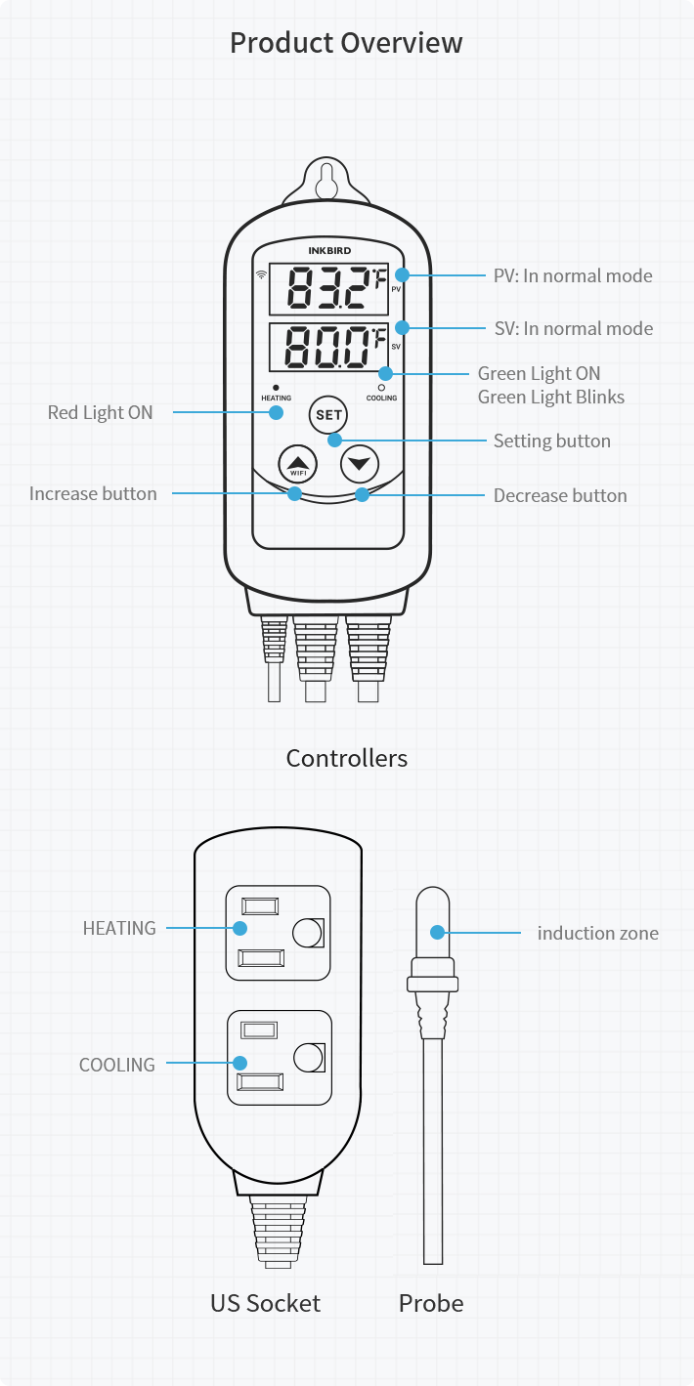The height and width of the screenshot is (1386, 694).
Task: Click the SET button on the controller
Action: [328, 415]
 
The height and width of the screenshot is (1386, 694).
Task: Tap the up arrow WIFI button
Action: [298, 464]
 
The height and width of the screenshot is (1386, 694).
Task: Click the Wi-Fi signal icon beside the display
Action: [261, 274]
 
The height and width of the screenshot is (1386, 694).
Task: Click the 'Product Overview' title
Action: [346, 43]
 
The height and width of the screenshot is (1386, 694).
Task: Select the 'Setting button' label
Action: [551, 441]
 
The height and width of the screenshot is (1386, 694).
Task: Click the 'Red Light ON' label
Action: [101, 412]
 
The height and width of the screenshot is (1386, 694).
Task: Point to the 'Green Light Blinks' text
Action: [550, 397]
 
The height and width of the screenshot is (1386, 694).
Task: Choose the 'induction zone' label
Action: [597, 933]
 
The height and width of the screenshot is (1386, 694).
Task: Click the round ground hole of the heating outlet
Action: [307, 933]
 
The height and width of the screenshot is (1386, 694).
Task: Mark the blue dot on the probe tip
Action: [438, 932]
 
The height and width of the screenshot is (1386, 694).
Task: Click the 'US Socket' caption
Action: [265, 1302]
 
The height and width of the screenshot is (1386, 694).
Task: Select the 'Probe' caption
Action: [431, 1302]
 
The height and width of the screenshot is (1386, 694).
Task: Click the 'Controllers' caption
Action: [346, 758]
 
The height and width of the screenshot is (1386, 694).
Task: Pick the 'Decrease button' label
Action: [560, 495]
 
